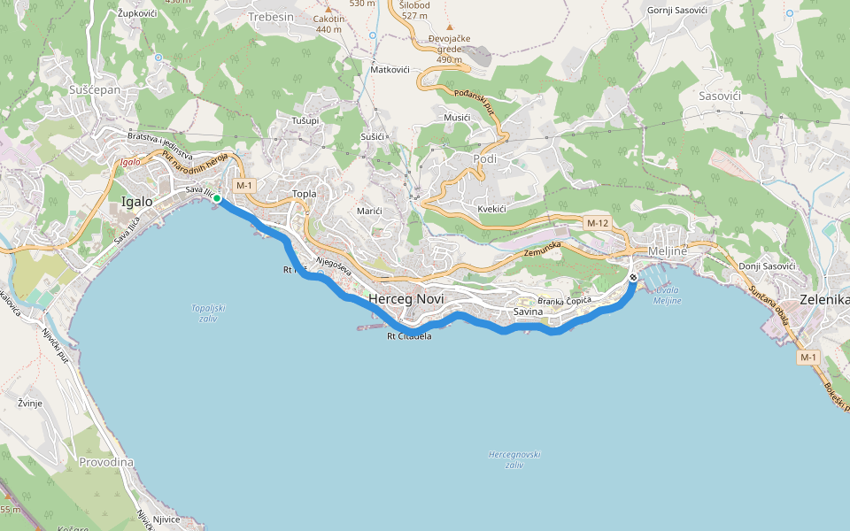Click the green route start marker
216,199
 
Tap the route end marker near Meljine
633,278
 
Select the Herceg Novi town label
406,299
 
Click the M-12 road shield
598,223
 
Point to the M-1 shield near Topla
244,185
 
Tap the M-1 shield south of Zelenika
807,357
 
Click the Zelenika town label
823,299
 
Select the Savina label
528,312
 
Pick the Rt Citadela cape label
409,336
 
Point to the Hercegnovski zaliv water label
514,458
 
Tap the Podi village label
486,158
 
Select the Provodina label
105,462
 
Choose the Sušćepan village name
94,89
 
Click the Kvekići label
491,208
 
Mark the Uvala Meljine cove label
668,296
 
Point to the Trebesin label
271,17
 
